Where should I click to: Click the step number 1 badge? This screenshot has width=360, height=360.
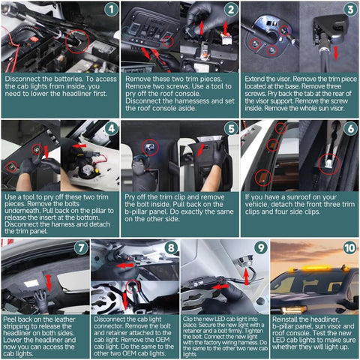tap(111, 10)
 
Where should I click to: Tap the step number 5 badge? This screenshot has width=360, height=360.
tap(231, 129)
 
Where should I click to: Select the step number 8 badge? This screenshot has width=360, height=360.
tap(171, 248)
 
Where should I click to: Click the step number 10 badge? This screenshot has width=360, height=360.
tap(349, 248)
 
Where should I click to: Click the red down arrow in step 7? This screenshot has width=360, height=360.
tap(49, 283)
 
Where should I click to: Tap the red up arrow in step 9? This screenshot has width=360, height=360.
tap(247, 276)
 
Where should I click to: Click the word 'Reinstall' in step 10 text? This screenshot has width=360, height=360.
tap(284, 319)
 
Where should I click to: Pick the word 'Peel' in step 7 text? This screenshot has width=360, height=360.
tap(10, 319)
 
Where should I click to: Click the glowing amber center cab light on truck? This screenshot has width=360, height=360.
tap(316, 268)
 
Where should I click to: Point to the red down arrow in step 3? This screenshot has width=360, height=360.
tap(336, 53)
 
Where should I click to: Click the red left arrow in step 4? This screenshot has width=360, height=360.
tap(79, 145)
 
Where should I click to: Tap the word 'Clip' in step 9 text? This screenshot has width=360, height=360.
tap(187, 319)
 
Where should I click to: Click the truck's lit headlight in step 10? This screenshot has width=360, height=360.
tap(294, 310)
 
